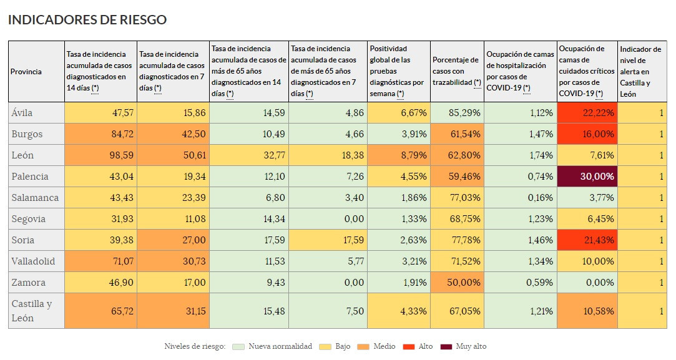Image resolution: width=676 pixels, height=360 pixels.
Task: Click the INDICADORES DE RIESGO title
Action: (x=87, y=20)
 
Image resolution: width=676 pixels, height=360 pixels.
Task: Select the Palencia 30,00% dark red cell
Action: (x=587, y=177)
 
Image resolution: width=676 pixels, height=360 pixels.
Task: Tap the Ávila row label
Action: (x=22, y=113)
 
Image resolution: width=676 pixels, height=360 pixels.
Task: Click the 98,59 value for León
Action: (x=100, y=155)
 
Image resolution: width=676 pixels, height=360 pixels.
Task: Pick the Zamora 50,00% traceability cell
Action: (x=457, y=283)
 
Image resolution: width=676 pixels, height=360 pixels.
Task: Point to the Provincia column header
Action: (x=26, y=72)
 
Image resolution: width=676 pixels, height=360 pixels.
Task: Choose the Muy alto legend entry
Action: (x=463, y=346)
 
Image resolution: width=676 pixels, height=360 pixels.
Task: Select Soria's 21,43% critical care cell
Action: (x=587, y=240)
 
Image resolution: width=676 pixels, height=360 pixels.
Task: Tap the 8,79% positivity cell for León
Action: (x=398, y=155)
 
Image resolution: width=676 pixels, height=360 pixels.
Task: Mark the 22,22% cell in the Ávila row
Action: (x=587, y=113)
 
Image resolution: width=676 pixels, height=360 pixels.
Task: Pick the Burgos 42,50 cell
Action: (x=173, y=134)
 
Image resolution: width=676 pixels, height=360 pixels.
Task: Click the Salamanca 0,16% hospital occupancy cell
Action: (x=520, y=198)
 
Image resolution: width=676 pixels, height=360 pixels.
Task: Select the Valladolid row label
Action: (x=33, y=261)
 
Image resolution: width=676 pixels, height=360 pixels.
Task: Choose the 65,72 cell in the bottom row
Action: (x=100, y=311)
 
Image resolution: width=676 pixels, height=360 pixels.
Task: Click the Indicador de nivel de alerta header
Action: (x=640, y=72)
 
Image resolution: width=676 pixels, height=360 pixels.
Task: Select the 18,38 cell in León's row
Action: (x=328, y=155)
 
